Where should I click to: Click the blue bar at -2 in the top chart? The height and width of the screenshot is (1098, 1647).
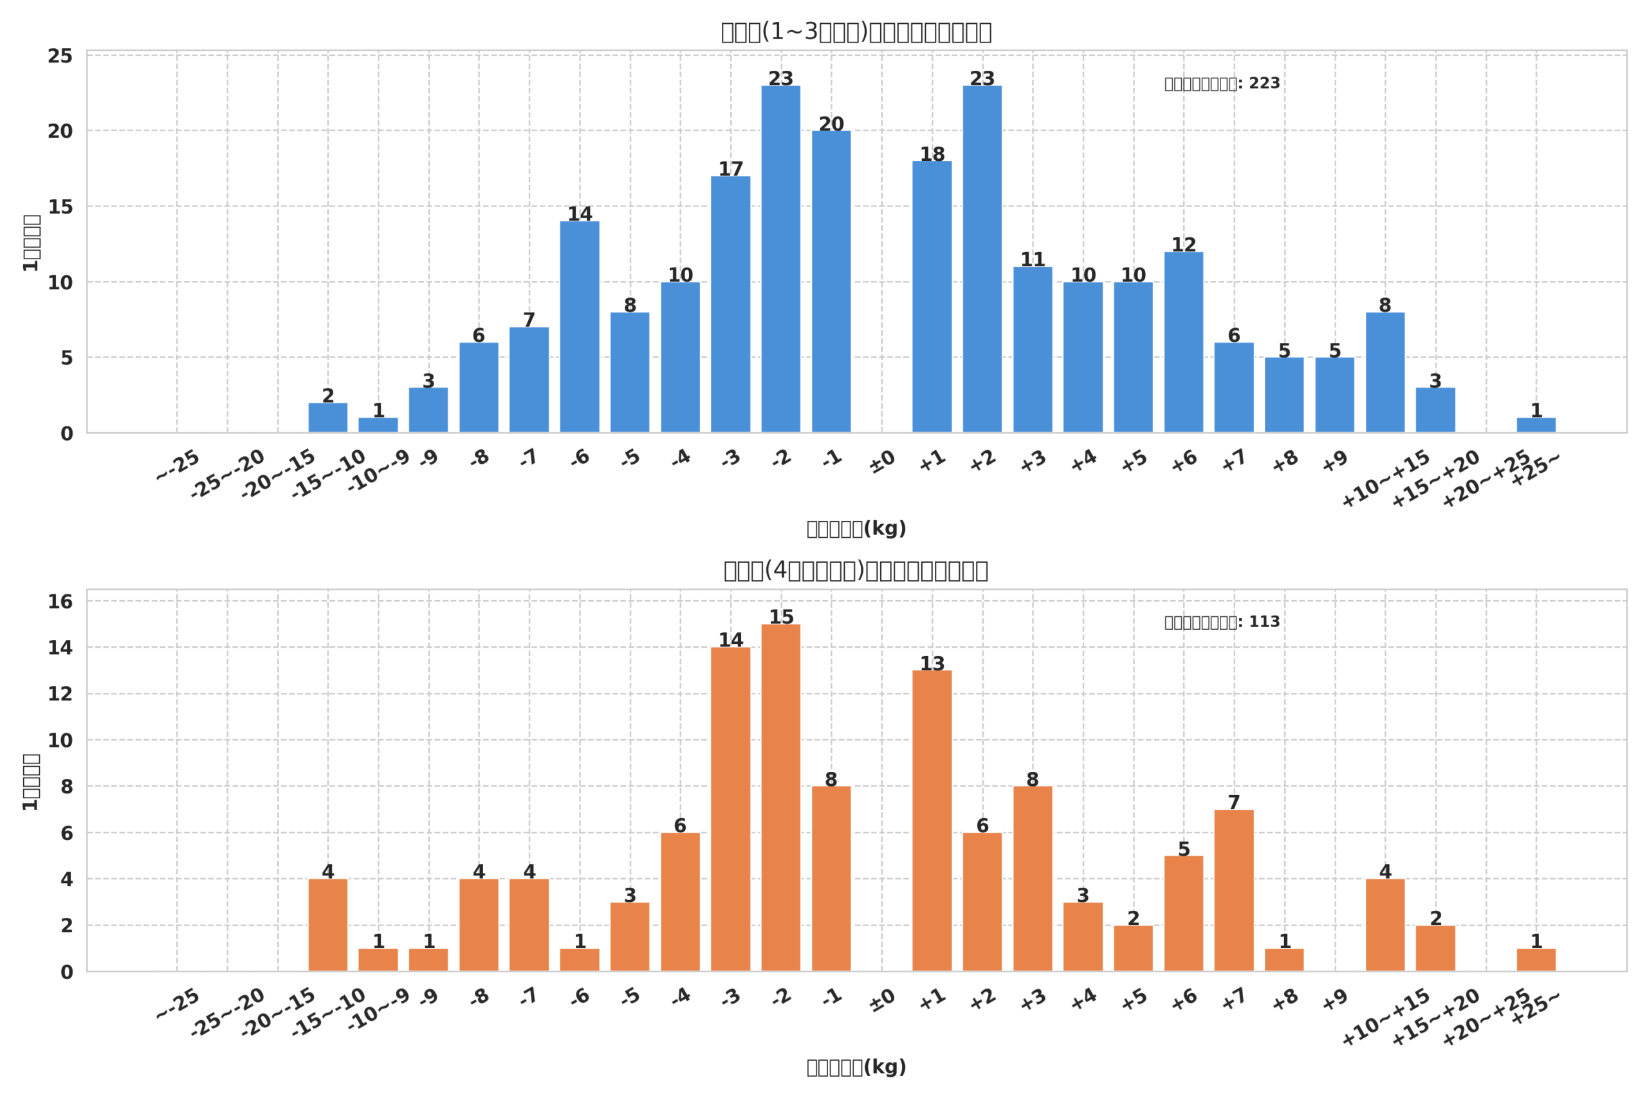[x=781, y=259]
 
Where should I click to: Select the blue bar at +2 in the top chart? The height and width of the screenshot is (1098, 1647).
[x=982, y=259]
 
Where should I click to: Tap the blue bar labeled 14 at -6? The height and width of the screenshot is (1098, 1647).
[x=579, y=327]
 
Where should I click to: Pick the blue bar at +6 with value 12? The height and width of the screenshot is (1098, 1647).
[x=1183, y=342]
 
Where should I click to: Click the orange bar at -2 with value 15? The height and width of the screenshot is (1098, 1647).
[x=781, y=798]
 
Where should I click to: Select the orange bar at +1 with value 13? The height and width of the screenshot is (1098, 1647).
[x=932, y=821]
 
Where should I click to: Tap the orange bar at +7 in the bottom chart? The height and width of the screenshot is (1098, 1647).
[x=1234, y=891]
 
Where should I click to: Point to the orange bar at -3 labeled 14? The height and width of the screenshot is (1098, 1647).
[x=730, y=809]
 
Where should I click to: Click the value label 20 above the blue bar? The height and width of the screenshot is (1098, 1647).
[x=831, y=124]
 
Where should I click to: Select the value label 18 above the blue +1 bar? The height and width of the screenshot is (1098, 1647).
[x=932, y=154]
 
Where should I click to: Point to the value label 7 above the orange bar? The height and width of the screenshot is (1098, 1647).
[x=1234, y=803]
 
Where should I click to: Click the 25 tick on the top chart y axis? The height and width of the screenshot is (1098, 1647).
[x=60, y=56]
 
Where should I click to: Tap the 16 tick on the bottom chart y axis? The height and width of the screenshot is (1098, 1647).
[x=60, y=601]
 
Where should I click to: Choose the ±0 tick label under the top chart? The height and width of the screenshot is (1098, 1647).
[x=882, y=461]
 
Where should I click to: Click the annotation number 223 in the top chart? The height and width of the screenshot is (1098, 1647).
[x=1264, y=84]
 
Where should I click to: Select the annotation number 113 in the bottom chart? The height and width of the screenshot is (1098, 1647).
[x=1264, y=622]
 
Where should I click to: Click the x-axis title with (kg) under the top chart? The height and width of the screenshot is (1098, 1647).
[x=856, y=529]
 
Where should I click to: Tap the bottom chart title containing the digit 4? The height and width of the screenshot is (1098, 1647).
[x=856, y=571]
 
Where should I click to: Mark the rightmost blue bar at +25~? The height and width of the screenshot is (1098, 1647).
[x=1536, y=425]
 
